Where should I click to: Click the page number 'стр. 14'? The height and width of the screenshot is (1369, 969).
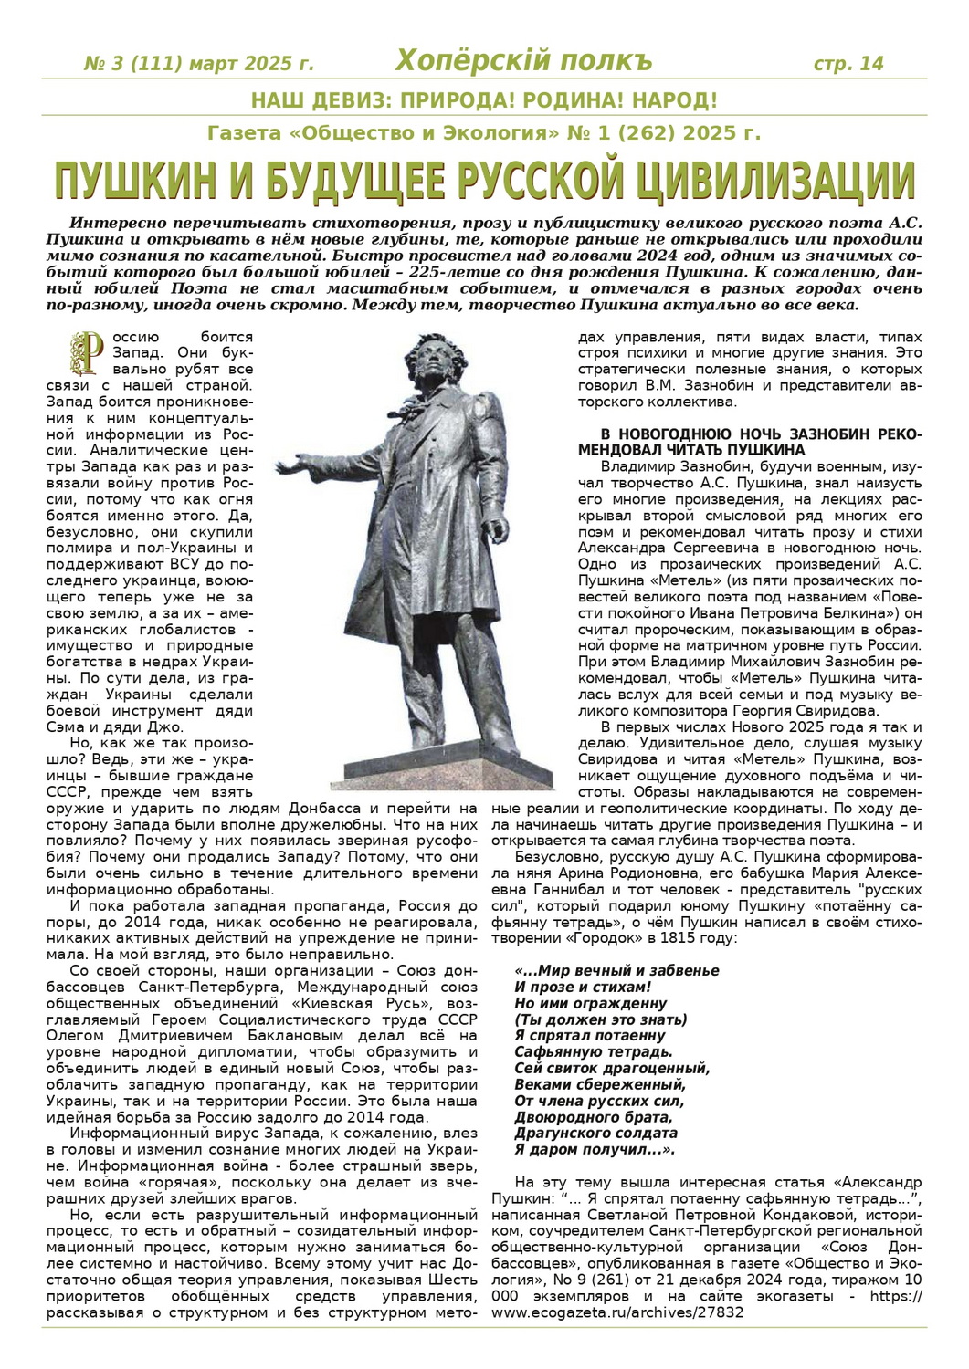coord(848,63)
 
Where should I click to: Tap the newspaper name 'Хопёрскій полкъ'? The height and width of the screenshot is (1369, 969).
coord(523,61)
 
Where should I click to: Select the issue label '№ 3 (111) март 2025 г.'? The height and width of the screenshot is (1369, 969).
coord(198,64)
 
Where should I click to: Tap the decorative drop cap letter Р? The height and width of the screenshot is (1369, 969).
coord(90,353)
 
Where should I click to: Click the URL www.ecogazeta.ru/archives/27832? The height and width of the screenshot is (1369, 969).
coord(617,1312)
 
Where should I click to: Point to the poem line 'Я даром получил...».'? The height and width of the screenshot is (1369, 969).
coord(594,1150)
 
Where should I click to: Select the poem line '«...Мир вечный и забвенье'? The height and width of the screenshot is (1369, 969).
coord(616,970)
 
